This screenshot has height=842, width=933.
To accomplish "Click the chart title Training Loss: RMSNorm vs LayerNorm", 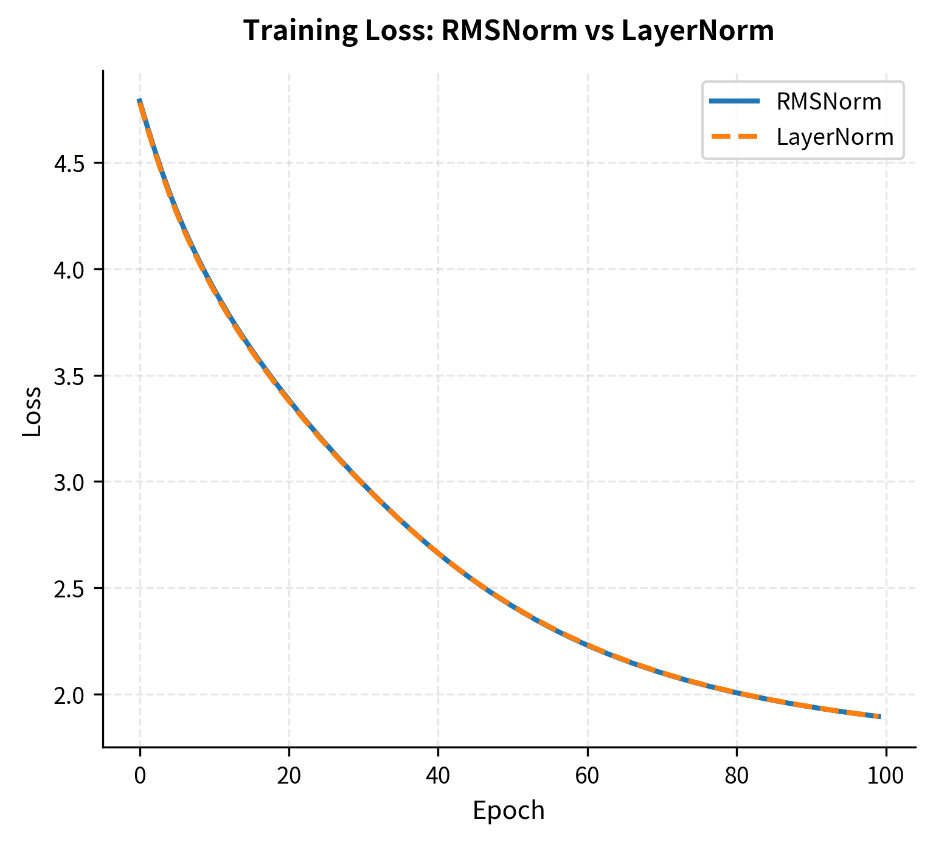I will (x=508, y=31).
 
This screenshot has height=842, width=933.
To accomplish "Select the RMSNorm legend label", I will (x=828, y=102).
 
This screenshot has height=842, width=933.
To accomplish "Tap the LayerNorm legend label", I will (x=834, y=137).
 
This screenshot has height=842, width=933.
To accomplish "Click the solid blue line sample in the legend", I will (x=735, y=102).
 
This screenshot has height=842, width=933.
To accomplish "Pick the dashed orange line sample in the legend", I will (x=735, y=137).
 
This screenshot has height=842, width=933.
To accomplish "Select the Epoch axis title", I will (x=508, y=811).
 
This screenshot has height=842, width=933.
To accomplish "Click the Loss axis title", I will (x=32, y=411).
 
